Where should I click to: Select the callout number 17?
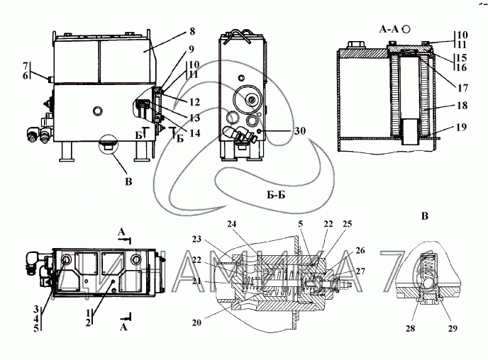462,89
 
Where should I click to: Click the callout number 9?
191,50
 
